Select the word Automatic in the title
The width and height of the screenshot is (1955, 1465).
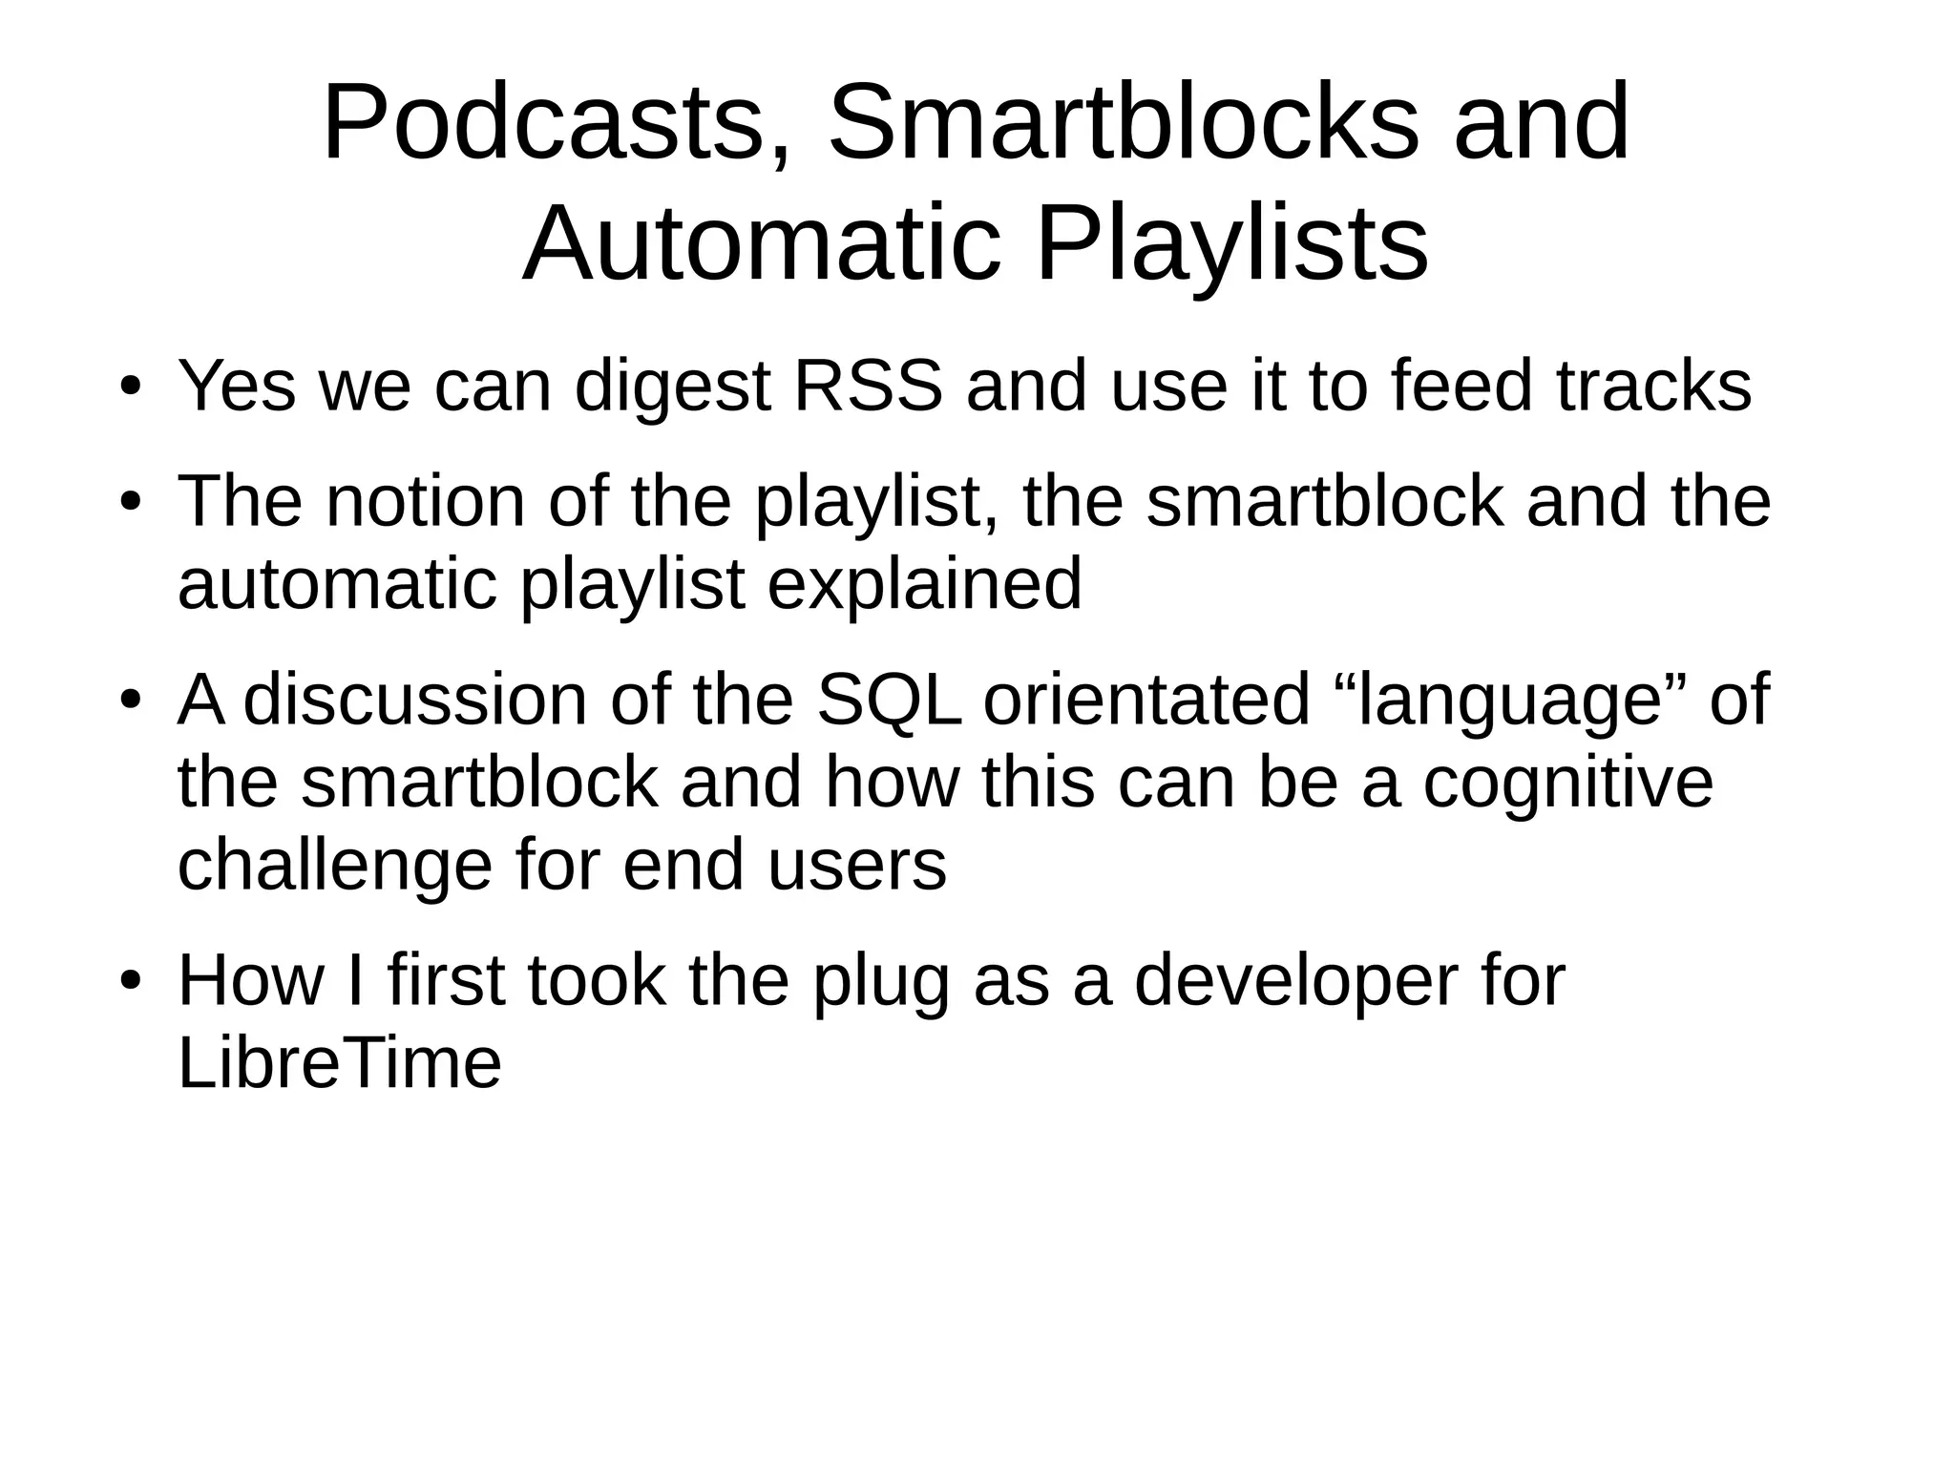click(760, 245)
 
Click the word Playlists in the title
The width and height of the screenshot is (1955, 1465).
click(1231, 245)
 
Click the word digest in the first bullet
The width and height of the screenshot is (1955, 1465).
click(672, 387)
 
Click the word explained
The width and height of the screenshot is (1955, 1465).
click(924, 584)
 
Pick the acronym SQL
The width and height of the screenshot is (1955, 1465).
click(889, 700)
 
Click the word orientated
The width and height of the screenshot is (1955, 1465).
click(1146, 700)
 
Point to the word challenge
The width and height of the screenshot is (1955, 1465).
click(335, 866)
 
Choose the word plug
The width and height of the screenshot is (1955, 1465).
click(881, 981)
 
